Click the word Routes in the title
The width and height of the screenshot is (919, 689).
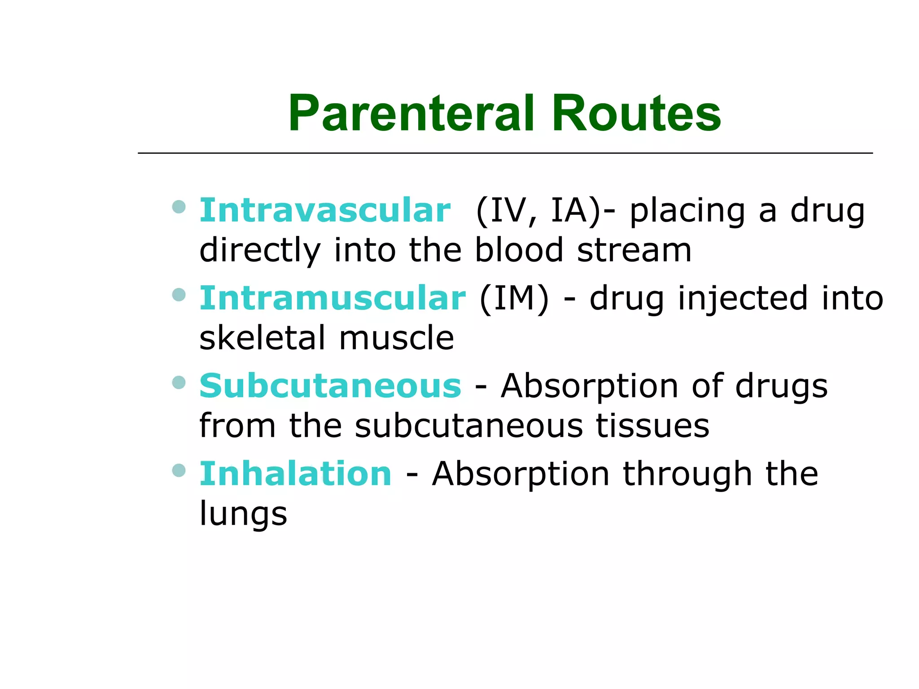click(636, 114)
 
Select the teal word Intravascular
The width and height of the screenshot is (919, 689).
click(325, 210)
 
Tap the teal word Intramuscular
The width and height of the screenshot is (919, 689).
click(333, 298)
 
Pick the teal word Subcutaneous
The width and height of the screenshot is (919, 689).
click(330, 386)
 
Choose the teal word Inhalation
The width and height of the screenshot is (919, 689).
click(296, 474)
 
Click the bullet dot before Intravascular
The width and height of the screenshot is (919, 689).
click(179, 207)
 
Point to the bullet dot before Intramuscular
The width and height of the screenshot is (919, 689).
click(179, 295)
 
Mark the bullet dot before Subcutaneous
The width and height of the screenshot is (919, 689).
click(179, 383)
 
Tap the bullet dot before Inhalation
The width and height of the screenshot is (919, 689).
click(179, 471)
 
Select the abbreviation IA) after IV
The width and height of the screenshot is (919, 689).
click(576, 210)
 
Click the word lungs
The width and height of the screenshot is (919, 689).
click(243, 514)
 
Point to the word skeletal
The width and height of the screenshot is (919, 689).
click(262, 338)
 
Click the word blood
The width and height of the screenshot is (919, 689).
click(519, 250)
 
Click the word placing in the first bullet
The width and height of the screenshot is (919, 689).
click(687, 211)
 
